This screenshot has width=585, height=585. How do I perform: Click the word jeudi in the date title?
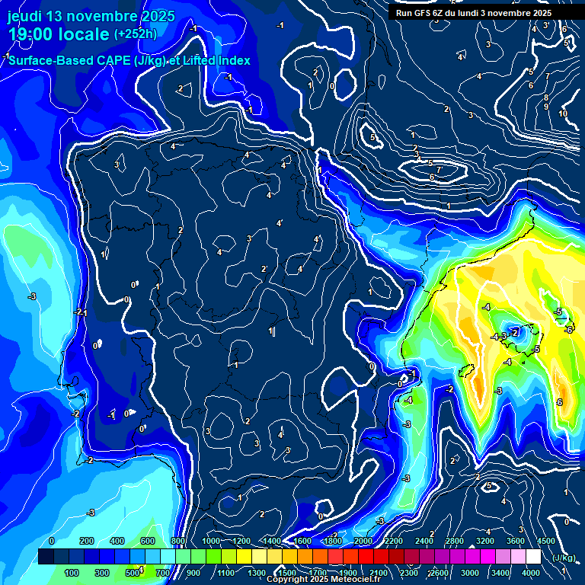click(24, 16)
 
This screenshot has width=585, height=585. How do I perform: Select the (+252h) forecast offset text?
click(136, 34)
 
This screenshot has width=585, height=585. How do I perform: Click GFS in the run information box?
click(425, 12)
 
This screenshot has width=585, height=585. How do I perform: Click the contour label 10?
click(563, 113)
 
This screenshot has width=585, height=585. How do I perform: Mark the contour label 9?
click(546, 106)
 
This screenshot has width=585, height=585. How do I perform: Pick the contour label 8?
click(546, 97)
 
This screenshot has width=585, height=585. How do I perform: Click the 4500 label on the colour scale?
click(545, 541)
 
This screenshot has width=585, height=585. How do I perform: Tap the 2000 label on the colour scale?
click(363, 541)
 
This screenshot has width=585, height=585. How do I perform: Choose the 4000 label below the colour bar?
click(532, 573)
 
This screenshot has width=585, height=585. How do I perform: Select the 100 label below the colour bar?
click(72, 573)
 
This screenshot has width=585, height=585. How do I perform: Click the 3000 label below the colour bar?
click(470, 573)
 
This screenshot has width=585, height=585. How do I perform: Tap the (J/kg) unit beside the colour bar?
click(564, 558)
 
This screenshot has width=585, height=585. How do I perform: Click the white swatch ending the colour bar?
click(533, 557)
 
